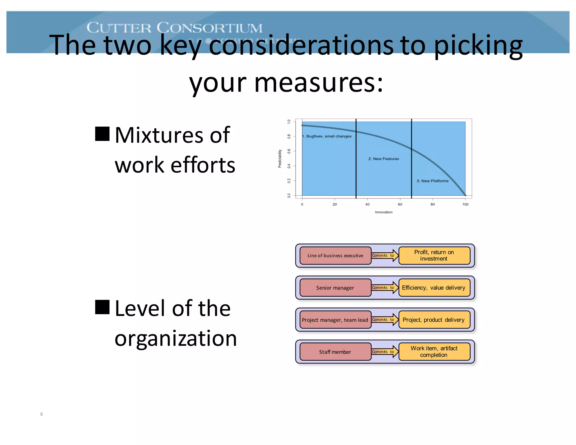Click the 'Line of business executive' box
tap(335, 255)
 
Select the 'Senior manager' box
tap(335, 287)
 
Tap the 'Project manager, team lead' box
tap(335, 320)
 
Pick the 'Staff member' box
tap(335, 352)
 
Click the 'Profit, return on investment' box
tap(434, 255)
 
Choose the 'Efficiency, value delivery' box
tap(434, 287)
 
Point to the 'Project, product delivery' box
tap(434, 320)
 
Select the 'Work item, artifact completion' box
tap(434, 352)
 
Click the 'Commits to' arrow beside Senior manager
tap(384, 287)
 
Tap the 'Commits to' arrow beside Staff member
tap(384, 352)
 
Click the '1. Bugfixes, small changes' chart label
tap(327, 136)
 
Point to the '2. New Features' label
tap(384, 159)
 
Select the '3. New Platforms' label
tap(433, 181)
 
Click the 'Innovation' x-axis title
tap(384, 212)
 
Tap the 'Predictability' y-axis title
tap(280, 159)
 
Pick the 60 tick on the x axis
tap(400, 204)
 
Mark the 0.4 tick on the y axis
tap(289, 166)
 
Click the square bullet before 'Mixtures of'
tap(102, 134)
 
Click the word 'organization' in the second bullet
tap(176, 338)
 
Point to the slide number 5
tap(41, 414)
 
